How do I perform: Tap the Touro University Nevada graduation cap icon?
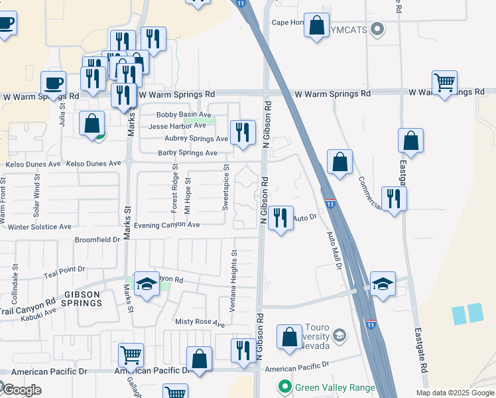tap(340, 336)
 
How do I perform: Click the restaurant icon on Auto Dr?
tap(280, 217)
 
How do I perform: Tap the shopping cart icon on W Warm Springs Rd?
tap(444, 82)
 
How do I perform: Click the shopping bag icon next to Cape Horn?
tap(317, 26)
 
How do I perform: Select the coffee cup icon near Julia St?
tap(52, 83)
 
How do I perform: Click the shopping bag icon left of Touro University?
tap(289, 336)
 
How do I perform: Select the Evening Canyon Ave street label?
tap(166, 225)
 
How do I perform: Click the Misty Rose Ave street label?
tap(200, 322)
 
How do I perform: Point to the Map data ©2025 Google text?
tap(454, 393)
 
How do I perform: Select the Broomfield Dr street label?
tap(97, 239)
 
